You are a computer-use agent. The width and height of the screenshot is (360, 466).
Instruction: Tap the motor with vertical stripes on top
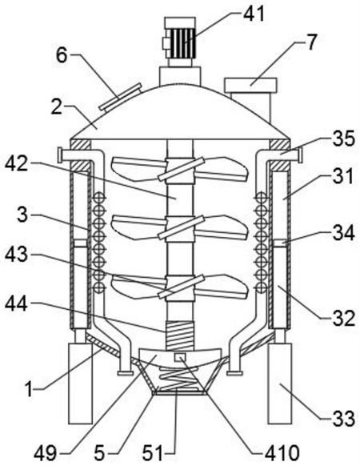coord(180,38)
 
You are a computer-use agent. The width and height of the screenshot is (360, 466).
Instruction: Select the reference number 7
coord(310,42)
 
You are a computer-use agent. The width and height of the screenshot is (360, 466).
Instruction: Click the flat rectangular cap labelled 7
coord(250,85)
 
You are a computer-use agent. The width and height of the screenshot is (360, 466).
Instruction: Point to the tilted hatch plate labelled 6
coord(120,97)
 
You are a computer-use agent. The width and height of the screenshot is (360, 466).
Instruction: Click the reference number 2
coord(57,108)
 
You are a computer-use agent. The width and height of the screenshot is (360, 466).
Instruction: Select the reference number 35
coord(343,139)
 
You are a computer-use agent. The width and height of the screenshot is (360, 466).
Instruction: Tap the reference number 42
coord(18,164)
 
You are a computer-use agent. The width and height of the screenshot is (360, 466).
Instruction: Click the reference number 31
coord(343,176)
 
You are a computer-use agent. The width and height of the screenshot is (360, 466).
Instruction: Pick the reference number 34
coord(343,233)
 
